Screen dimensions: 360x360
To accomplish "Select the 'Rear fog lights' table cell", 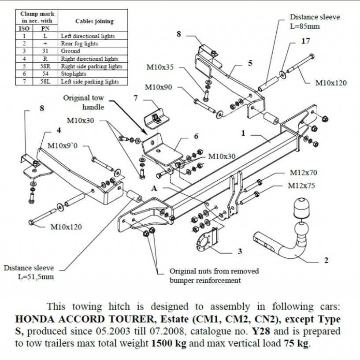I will pos(79,44).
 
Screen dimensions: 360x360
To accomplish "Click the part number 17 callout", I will pos(306,41).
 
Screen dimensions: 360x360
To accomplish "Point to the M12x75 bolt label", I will pos(302,186).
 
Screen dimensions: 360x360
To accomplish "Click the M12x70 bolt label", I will pos(303,173).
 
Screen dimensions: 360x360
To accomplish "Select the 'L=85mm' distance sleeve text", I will pos(304,26).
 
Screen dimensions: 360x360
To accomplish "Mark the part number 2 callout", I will pos(326,260).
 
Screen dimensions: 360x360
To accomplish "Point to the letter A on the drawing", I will pos(154,188).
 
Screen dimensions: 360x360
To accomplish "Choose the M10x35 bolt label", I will pos(160,67).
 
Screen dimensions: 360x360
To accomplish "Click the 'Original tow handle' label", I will pos(84,103).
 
